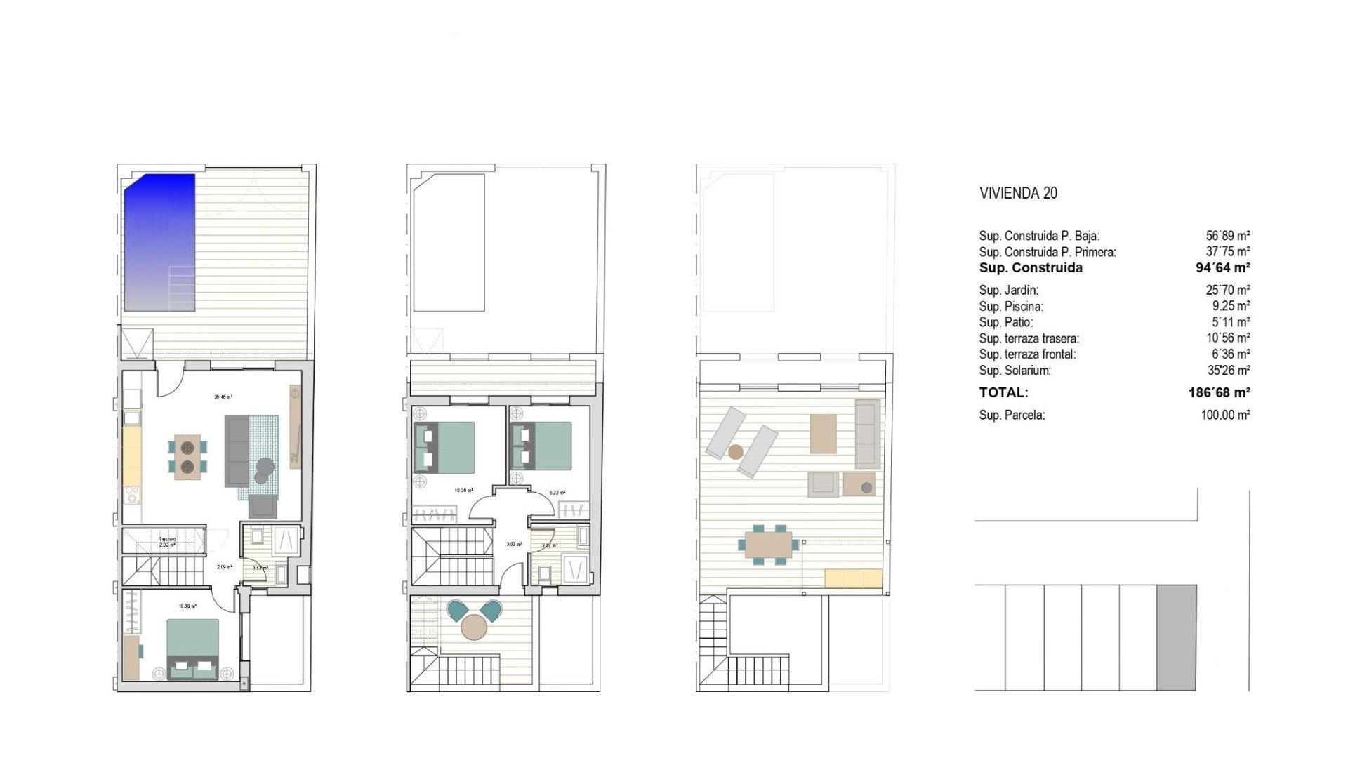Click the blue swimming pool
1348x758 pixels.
coord(159,242)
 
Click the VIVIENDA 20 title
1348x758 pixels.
coord(1018,194)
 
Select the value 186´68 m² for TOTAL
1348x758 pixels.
coord(1219,393)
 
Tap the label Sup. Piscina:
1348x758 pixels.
coord(1011,307)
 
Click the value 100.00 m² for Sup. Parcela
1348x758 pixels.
coord(1225,415)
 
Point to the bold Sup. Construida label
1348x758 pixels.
coord(1031,268)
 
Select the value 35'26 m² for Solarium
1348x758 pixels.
coord(1228,371)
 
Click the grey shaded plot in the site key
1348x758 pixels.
coord(1176,637)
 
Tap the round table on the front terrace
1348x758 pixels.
coord(474,627)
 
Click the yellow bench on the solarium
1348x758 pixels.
coord(853,578)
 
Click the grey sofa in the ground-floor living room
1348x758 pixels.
coord(237,451)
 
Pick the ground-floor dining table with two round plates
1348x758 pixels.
coord(187,457)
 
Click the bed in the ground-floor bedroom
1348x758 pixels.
coord(193,648)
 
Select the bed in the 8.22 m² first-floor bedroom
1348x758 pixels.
coord(542,446)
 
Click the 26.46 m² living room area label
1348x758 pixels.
coord(223,397)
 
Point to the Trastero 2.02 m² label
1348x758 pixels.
coord(167,542)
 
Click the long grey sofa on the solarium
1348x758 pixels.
coord(867,434)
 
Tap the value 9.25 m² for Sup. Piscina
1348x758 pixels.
coord(1230,307)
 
